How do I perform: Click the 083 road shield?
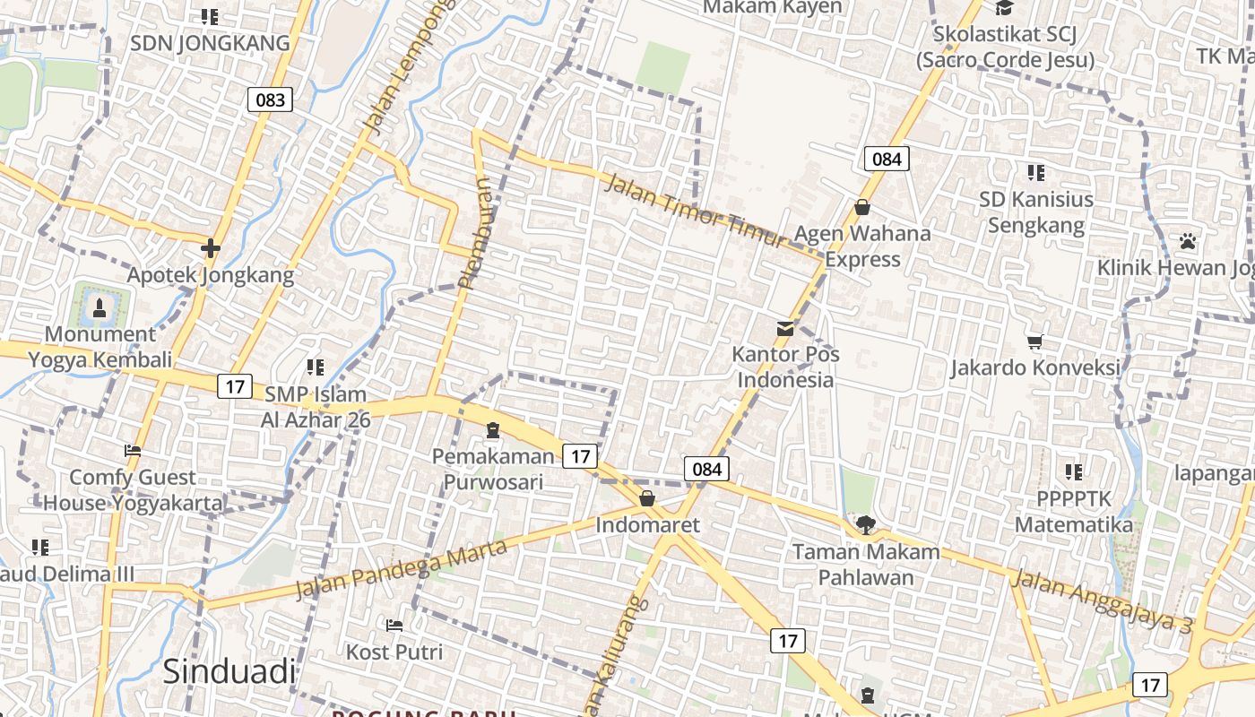(x=270, y=99)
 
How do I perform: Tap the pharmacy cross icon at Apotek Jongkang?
(x=211, y=247)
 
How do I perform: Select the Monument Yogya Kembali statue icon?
(x=99, y=308)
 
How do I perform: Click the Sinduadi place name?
(x=229, y=671)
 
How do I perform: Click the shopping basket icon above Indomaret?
(x=647, y=498)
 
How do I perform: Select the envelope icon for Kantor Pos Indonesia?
(x=785, y=328)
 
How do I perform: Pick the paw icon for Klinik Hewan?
(x=1188, y=241)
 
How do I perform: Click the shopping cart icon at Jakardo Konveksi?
(x=1035, y=341)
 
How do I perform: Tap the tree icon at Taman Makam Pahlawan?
(x=865, y=525)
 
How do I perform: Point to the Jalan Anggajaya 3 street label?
(x=1102, y=601)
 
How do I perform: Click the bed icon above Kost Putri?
(x=394, y=625)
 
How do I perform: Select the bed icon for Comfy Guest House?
(x=133, y=451)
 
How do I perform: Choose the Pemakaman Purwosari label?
(x=493, y=469)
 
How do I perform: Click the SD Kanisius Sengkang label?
(x=1036, y=212)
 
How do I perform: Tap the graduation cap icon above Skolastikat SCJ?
(x=1004, y=8)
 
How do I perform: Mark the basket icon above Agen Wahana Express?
(x=862, y=207)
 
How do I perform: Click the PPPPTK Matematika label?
(x=1074, y=511)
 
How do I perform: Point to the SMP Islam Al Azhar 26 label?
(x=315, y=406)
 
